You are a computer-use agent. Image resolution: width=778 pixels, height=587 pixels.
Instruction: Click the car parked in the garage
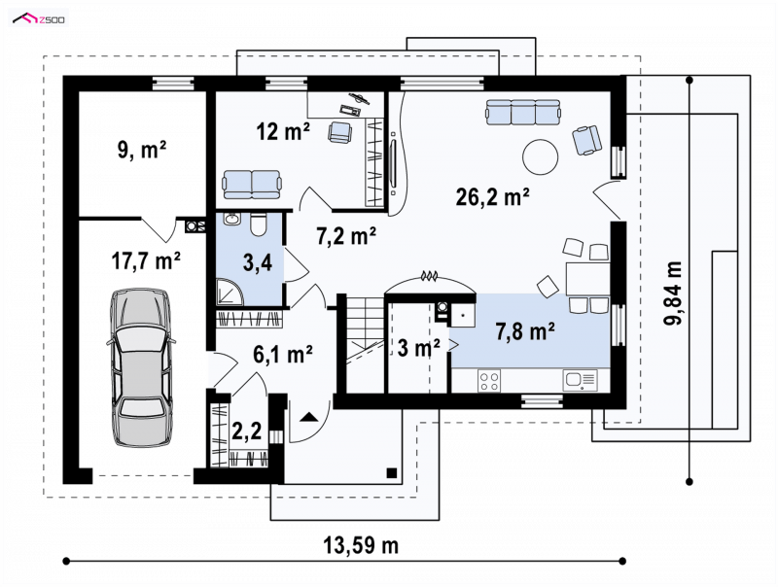tap(142, 367)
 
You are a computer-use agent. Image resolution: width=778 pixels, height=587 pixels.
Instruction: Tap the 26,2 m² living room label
tap(492, 197)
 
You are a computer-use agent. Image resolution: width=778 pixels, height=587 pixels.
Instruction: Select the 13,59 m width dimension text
tap(361, 546)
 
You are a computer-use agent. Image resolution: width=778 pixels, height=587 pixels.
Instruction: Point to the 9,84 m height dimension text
tap(673, 293)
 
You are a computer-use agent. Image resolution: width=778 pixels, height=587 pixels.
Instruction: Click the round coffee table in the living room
tap(541, 156)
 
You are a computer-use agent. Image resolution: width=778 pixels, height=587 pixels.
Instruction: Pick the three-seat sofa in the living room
tap(523, 112)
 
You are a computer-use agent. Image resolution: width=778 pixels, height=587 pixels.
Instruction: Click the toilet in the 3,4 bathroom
tap(258, 224)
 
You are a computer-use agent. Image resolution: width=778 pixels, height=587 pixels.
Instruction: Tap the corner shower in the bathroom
tap(230, 291)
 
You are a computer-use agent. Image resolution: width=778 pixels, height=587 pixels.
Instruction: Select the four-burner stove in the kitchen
tap(489, 381)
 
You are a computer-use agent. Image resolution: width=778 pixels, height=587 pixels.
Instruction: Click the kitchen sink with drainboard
tap(580, 381)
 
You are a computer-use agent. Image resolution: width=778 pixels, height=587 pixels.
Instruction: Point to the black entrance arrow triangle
tap(309, 417)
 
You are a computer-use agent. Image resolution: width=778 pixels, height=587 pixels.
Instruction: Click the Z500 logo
tap(39, 19)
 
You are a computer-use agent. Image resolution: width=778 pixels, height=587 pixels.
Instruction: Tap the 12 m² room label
tap(283, 132)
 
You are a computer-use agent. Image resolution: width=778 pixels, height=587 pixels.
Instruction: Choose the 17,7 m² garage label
tap(145, 261)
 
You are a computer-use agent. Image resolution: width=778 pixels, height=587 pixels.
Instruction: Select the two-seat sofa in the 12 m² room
tap(252, 184)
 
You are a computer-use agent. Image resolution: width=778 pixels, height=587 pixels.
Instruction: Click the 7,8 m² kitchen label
tap(525, 331)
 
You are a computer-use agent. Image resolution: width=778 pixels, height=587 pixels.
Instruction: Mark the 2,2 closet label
tap(247, 432)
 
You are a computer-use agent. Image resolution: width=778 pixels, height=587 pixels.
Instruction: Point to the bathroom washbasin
tap(231, 219)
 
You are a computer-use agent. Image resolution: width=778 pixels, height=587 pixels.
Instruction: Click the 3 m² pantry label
tap(419, 348)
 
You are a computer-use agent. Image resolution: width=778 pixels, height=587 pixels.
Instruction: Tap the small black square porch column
tap(392, 472)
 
